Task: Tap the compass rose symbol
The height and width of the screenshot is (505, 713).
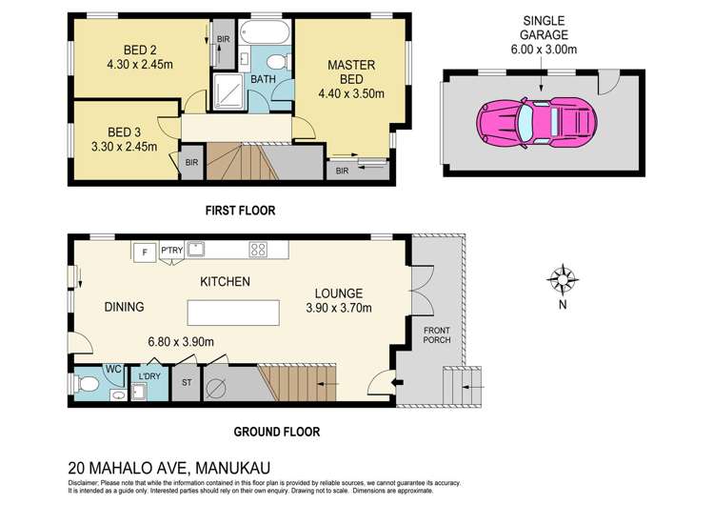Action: click(x=564, y=279)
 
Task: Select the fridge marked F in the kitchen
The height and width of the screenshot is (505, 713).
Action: click(x=144, y=252)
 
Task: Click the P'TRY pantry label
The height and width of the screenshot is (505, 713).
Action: click(x=172, y=250)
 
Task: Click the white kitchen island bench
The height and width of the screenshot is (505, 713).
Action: click(x=233, y=313)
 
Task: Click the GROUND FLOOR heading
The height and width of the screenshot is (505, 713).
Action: click(x=277, y=432)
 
